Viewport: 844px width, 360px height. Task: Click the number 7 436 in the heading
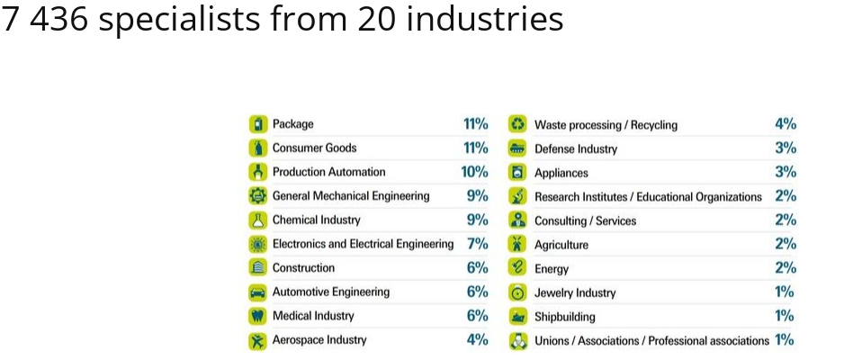click(x=44, y=20)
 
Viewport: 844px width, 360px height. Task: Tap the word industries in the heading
click(x=486, y=20)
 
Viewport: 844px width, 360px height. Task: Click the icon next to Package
click(x=258, y=124)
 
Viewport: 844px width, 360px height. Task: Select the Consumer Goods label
click(x=314, y=148)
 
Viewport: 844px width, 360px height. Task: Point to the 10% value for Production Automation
click(x=474, y=172)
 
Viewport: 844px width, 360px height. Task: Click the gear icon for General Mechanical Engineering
click(x=258, y=196)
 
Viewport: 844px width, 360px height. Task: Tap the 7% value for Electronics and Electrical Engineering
click(x=477, y=244)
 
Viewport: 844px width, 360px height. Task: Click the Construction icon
click(x=258, y=268)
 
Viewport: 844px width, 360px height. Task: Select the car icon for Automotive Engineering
click(x=258, y=292)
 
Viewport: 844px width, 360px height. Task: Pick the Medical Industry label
click(x=313, y=316)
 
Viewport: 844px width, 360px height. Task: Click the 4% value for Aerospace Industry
click(x=477, y=340)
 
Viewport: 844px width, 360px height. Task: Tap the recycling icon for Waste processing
click(x=517, y=124)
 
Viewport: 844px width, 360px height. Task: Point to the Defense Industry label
click(x=576, y=148)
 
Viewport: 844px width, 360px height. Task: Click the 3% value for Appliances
click(x=785, y=172)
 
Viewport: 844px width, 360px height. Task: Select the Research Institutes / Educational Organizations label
click(x=648, y=196)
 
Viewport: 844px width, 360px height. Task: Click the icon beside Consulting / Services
click(x=517, y=220)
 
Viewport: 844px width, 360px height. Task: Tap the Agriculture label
click(x=561, y=245)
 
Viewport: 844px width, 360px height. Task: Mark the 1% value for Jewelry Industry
click(x=785, y=292)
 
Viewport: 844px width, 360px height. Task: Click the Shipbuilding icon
click(x=517, y=316)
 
